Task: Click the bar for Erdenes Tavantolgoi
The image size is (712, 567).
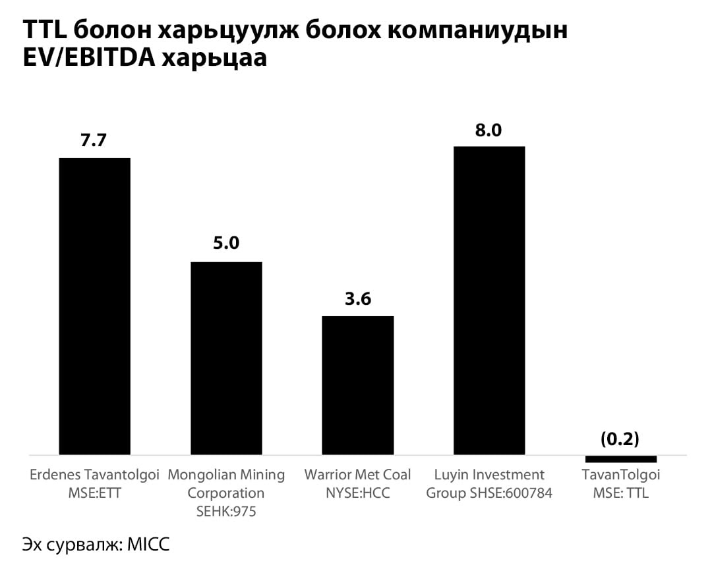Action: click(x=94, y=306)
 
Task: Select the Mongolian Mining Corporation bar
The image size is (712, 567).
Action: click(x=226, y=358)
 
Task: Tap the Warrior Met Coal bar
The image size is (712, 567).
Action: click(x=357, y=385)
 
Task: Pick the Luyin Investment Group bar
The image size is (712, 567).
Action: click(x=489, y=300)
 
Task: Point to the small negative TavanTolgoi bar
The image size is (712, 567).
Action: click(x=621, y=458)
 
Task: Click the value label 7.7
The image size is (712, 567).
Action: click(x=94, y=140)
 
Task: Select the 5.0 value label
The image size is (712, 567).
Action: click(x=225, y=244)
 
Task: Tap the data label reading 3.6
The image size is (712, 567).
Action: click(x=357, y=298)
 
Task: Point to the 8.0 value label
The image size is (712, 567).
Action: click(x=489, y=130)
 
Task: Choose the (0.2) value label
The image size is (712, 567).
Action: click(x=620, y=439)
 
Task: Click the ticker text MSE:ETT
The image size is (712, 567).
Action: click(x=94, y=493)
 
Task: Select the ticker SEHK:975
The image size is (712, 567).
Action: click(x=226, y=511)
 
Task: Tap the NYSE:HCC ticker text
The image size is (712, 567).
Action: click(x=357, y=493)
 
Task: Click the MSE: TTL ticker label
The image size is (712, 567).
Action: click(x=620, y=493)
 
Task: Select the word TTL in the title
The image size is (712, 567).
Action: click(x=44, y=30)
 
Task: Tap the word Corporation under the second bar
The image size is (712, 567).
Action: click(x=226, y=493)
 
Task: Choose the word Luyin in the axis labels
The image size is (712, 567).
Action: click(x=452, y=474)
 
